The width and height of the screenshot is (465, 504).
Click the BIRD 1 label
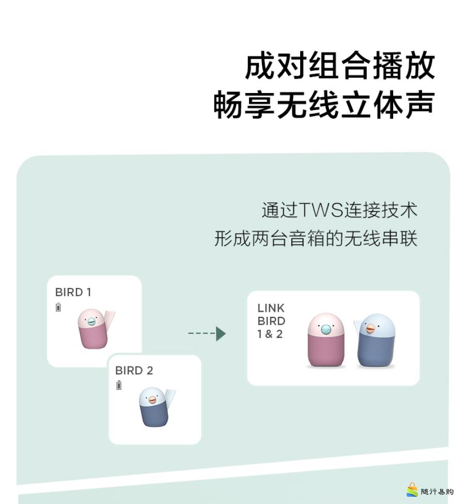pyautogui.click(x=73, y=292)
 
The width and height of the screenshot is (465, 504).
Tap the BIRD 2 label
pyautogui.click(x=134, y=371)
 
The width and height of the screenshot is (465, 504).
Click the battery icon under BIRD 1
pyautogui.click(x=58, y=308)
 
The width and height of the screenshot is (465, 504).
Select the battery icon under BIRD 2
pyautogui.click(x=119, y=385)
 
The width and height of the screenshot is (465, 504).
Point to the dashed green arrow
pyautogui.click(x=207, y=333)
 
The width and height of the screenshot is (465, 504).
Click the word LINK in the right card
pyautogui.click(x=271, y=308)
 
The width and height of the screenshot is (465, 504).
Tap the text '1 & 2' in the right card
pyautogui.click(x=270, y=334)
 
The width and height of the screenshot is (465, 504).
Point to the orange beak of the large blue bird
pyautogui.click(x=370, y=328)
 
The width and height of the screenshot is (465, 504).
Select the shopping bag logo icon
pyautogui.click(x=412, y=490)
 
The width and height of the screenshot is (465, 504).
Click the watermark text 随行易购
pyautogui.click(x=437, y=492)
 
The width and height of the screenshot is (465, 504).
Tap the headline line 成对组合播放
pyautogui.click(x=339, y=66)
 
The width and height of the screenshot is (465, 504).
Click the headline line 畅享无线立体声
pyautogui.click(x=323, y=105)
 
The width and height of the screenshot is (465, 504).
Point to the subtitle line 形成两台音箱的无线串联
pyautogui.click(x=315, y=239)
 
